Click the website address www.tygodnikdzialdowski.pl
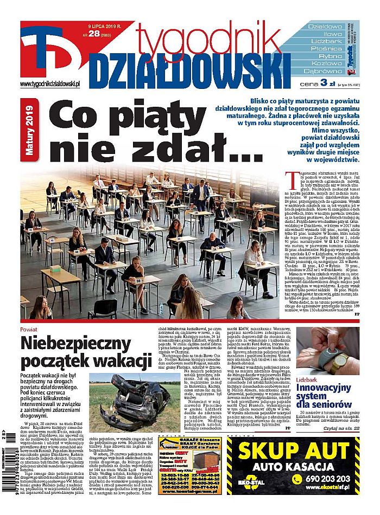tap(50, 83)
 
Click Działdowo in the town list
tap(325, 26)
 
